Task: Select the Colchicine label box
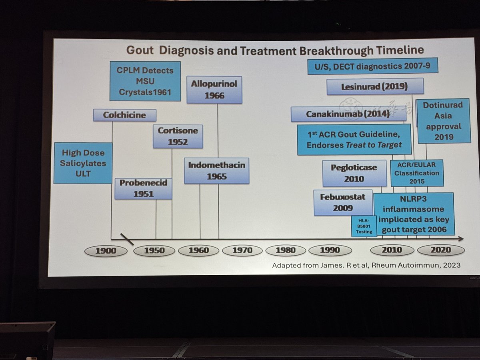124,115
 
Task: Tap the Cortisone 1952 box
178,136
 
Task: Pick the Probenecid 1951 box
143,188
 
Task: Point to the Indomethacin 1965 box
216,170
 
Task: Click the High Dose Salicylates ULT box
83,163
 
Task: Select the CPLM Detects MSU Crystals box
145,81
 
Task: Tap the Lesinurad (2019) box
375,86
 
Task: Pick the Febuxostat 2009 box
343,202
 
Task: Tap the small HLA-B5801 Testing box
364,226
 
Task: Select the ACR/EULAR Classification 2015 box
417,173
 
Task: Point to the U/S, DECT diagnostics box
372,66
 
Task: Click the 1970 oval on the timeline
242,250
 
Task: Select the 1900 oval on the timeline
106,251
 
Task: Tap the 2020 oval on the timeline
441,250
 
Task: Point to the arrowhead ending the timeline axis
461,239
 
